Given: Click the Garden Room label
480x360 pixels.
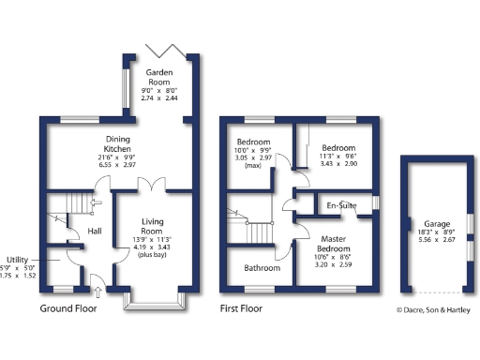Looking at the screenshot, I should click(x=157, y=75).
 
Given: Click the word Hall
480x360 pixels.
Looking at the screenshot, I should click(x=95, y=231).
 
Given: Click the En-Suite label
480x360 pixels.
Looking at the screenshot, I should click(x=341, y=205).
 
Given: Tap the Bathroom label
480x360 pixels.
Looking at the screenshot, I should click(x=262, y=268).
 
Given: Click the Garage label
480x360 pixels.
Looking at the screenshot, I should click(x=436, y=225).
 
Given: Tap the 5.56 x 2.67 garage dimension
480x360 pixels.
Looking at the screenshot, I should click(x=436, y=240).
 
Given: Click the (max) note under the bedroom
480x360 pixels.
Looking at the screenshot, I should click(x=252, y=166).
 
